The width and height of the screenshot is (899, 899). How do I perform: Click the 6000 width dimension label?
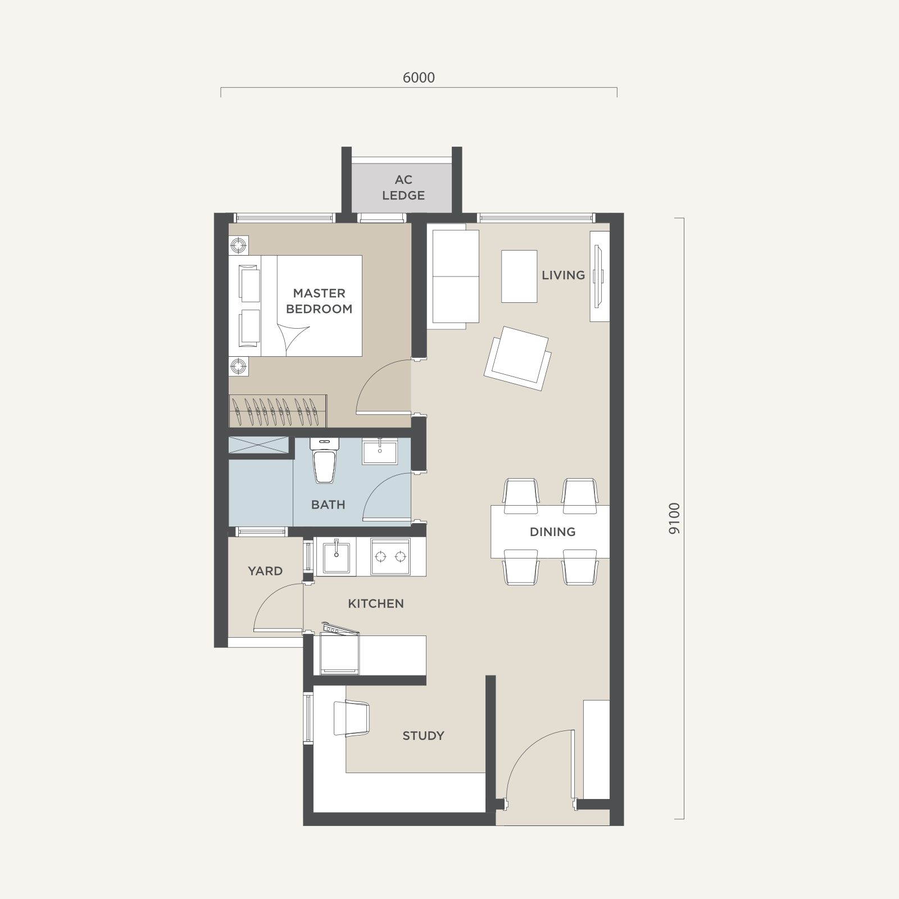pyautogui.click(x=419, y=78)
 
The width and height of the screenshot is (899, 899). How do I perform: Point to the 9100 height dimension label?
pyautogui.click(x=674, y=518)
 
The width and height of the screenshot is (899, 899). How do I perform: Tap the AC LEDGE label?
pyautogui.click(x=403, y=188)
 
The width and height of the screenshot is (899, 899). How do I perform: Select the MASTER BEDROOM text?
pyautogui.click(x=319, y=301)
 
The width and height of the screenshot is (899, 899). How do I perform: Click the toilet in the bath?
pyautogui.click(x=325, y=460)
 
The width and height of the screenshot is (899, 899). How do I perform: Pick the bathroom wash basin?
pyautogui.click(x=379, y=451)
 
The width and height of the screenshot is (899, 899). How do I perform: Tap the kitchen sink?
pyautogui.click(x=336, y=556)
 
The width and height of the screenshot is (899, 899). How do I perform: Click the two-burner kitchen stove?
pyautogui.click(x=391, y=557)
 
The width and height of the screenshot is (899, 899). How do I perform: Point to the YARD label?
pyautogui.click(x=265, y=571)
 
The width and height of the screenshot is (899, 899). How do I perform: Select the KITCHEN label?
pyautogui.click(x=376, y=603)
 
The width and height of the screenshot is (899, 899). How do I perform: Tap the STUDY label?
pyautogui.click(x=423, y=735)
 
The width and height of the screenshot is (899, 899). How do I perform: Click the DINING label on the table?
pyautogui.click(x=552, y=532)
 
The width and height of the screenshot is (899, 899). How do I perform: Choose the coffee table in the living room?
pyautogui.click(x=519, y=276)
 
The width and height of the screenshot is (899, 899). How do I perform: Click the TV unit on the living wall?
pyautogui.click(x=599, y=276)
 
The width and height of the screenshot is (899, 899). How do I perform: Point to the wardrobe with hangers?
pyautogui.click(x=278, y=411)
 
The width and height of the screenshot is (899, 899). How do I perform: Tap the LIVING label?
pyautogui.click(x=564, y=275)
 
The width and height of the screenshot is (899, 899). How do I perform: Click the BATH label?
pyautogui.click(x=328, y=505)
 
